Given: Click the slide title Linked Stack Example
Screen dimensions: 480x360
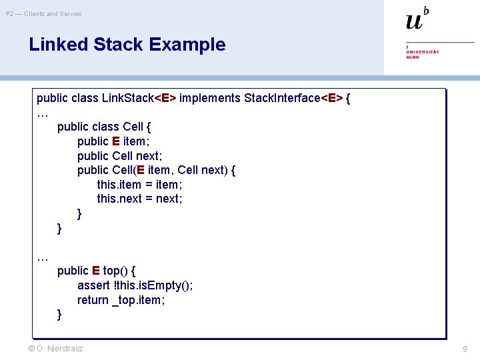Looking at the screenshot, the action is click(127, 45).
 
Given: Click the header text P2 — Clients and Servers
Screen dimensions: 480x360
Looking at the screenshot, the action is click(44, 13).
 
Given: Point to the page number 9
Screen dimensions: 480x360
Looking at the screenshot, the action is click(465, 349).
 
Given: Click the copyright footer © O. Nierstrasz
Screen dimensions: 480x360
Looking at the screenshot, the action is click(56, 348).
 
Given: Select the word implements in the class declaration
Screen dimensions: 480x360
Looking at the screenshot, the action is click(210, 98).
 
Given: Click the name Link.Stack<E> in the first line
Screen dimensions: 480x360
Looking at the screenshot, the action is click(139, 98).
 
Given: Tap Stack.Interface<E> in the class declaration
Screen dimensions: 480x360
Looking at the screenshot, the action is click(293, 98).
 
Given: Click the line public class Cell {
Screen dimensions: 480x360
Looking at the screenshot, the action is click(104, 127).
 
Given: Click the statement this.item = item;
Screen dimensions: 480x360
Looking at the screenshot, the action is click(139, 185).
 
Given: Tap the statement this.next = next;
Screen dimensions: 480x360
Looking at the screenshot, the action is click(139, 199).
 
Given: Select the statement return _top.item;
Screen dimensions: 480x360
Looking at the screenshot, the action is click(121, 300).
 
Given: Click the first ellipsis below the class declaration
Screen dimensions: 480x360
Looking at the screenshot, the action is click(43, 113).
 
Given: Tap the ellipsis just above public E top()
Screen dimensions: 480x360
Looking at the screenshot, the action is click(43, 257).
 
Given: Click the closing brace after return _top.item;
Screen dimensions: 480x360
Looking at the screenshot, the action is click(60, 314).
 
